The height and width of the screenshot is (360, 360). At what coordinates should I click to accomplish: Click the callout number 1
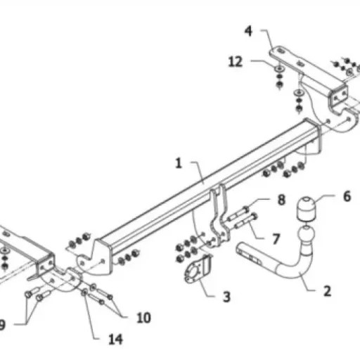coord(179,163)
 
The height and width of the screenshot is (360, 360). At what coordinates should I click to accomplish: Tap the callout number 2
coord(327,291)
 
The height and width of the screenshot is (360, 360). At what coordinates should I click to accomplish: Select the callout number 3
coord(226,297)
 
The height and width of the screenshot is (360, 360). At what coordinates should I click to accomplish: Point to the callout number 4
coord(248,31)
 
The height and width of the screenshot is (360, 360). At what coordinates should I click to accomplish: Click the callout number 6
coord(347,196)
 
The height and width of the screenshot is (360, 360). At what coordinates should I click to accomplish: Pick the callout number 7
coord(276,239)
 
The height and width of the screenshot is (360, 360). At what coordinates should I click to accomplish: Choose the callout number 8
coord(281,200)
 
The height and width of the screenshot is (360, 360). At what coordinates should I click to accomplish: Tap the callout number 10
coord(143,318)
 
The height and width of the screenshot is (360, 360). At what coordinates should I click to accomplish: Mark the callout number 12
coord(235,62)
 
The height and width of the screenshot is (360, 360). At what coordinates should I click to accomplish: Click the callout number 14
coord(115,340)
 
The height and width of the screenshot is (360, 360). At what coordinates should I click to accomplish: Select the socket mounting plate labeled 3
coord(198,269)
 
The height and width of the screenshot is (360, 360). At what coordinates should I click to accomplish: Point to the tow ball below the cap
coord(307,234)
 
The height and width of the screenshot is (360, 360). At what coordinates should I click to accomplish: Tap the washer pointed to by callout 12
coord(279,68)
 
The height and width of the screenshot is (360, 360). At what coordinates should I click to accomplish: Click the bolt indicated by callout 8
coord(237,214)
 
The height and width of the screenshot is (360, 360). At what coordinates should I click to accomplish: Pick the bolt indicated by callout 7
coord(245,221)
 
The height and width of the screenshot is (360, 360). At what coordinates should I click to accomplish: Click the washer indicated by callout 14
coord(84,292)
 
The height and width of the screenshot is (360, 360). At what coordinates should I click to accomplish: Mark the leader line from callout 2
coord(309,283)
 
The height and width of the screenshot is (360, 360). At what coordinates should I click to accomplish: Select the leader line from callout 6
coord(325,197)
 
